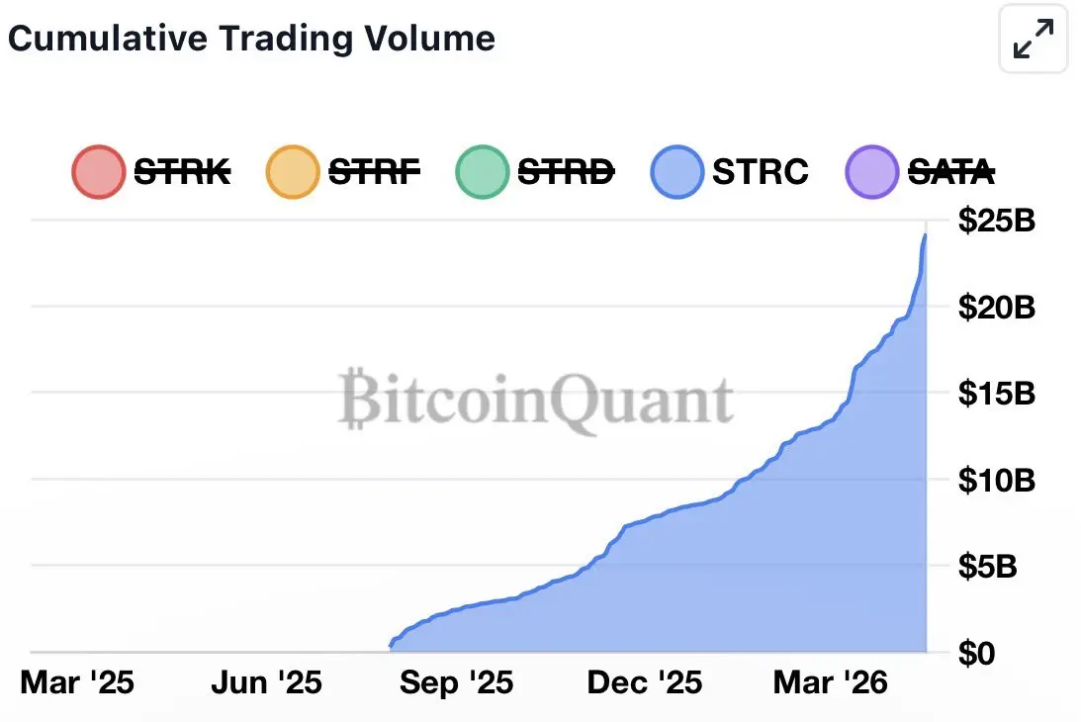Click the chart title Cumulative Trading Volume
(251, 39)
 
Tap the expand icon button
(1034, 40)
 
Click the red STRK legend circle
(98, 172)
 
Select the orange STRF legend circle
(293, 172)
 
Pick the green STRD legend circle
(483, 172)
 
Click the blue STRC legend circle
(677, 172)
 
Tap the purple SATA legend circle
(872, 172)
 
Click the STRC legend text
(760, 172)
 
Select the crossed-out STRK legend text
(182, 172)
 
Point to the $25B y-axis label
(996, 220)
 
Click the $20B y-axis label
(996, 307)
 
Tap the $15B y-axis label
(996, 394)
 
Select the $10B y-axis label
(996, 481)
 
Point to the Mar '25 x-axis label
(77, 682)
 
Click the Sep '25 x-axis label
(456, 682)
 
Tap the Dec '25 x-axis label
(645, 682)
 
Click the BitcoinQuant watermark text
(535, 401)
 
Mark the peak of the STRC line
(925, 234)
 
